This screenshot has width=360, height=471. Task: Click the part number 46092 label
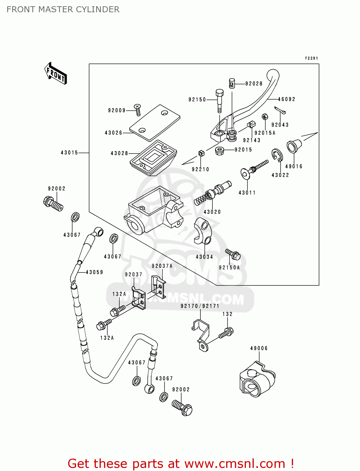click(286, 99)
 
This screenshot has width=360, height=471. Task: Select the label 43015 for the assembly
click(69, 153)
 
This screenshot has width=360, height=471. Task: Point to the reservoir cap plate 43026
click(155, 123)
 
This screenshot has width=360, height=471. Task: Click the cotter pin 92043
click(280, 110)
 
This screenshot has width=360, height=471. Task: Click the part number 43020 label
click(212, 212)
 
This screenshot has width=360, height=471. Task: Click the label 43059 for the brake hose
click(95, 272)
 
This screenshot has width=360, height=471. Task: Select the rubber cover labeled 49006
click(257, 380)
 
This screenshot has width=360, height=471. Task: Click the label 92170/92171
click(200, 306)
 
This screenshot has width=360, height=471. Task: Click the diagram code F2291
click(312, 58)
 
